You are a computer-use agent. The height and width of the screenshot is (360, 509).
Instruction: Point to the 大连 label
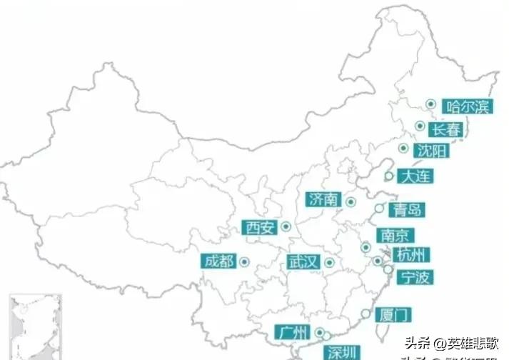pos(415,176)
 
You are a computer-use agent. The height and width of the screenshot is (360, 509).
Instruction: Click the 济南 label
pos(323,200)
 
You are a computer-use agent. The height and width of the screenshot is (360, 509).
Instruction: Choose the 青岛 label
pos(408,210)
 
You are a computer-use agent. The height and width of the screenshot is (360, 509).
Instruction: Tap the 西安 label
pos(258,228)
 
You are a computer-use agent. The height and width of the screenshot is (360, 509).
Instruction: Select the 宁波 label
pos(415,277)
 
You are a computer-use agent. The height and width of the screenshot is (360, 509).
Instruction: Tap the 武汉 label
pos(303,262)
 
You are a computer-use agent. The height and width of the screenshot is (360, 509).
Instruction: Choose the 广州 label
pos(292,333)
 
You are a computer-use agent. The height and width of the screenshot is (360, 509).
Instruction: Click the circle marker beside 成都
pos(243,262)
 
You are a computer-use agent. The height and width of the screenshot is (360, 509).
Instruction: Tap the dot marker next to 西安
pos(286,227)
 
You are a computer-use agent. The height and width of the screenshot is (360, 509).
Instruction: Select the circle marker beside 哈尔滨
pos(430,104)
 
